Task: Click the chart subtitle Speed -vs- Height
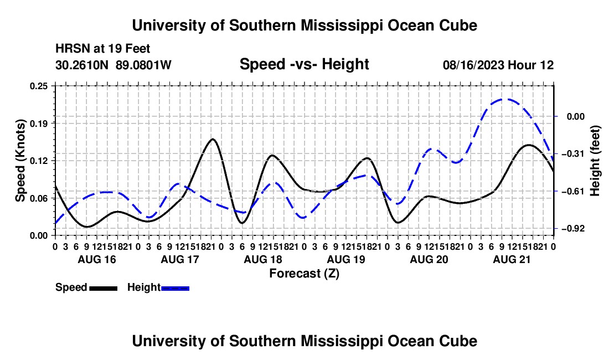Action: [304, 64]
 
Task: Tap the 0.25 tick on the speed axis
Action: [39, 86]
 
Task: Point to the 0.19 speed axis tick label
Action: [39, 124]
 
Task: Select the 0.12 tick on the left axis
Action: [39, 161]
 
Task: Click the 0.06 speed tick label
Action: [39, 198]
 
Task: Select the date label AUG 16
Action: [97, 259]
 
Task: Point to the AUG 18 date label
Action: [263, 259]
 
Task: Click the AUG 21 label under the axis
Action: [512, 259]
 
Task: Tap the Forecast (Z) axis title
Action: [304, 274]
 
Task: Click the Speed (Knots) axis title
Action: [20, 161]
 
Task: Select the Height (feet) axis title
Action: [595, 161]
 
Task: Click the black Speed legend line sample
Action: [104, 289]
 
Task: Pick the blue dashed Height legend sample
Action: [175, 289]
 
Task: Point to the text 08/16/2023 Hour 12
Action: [498, 65]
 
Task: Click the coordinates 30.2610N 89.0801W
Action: [113, 65]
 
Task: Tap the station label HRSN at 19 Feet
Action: [102, 49]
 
